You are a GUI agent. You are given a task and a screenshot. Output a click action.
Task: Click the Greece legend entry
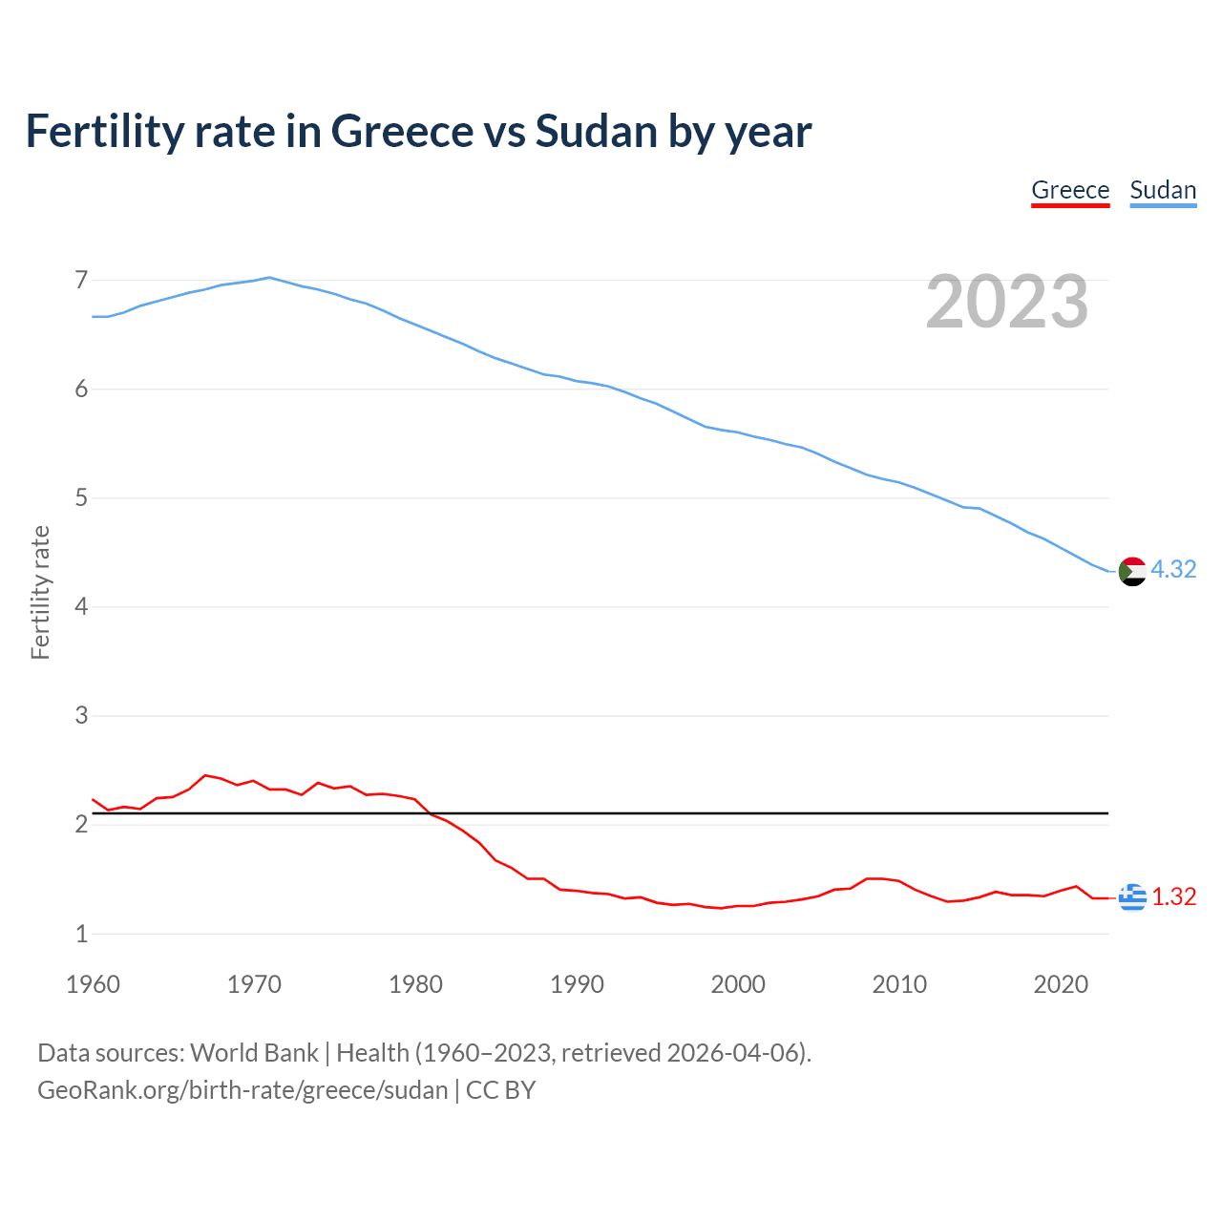(1070, 190)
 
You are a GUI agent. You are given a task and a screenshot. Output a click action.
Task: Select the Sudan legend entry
(1163, 190)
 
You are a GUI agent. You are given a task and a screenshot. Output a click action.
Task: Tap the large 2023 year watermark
(1007, 302)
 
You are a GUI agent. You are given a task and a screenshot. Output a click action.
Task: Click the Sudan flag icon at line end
(1132, 571)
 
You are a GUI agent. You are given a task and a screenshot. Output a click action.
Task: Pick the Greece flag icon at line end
(1132, 897)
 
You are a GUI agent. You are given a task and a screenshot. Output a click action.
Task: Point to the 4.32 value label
(1173, 569)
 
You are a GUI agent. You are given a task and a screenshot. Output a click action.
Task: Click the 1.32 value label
(1173, 897)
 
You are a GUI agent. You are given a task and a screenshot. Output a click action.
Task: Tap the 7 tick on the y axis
(81, 281)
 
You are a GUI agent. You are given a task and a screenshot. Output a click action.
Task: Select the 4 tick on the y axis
(81, 607)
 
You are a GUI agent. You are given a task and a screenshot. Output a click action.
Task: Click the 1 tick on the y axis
(81, 934)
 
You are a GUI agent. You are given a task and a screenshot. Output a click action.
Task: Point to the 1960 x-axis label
(93, 984)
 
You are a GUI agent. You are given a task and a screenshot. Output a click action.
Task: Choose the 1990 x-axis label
(577, 984)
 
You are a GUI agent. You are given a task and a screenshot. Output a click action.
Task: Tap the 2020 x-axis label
(1061, 984)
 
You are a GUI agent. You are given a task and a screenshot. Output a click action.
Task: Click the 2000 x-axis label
(738, 984)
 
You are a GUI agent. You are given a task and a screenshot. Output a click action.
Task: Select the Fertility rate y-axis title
(40, 592)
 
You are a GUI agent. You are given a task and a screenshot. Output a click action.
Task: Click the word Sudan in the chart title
(597, 132)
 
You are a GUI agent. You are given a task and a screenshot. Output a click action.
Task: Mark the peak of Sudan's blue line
(269, 278)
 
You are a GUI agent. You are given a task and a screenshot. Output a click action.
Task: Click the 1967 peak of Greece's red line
(205, 775)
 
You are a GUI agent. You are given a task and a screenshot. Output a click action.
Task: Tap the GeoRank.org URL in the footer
(242, 1090)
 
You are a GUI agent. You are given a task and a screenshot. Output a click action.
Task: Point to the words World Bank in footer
(254, 1053)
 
